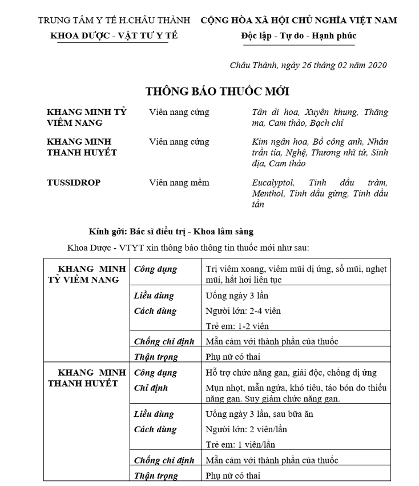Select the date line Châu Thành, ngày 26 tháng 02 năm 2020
coord(308,65)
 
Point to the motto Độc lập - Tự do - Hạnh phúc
coord(298,35)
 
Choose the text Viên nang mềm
coord(179,183)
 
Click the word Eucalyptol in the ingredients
coord(273,183)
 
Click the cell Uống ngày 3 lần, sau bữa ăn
coord(259,414)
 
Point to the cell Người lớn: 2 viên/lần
coord(247,429)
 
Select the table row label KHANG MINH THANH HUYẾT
coord(85,378)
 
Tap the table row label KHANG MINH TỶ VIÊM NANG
coord(85,274)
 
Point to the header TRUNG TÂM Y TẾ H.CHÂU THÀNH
coord(114,21)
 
